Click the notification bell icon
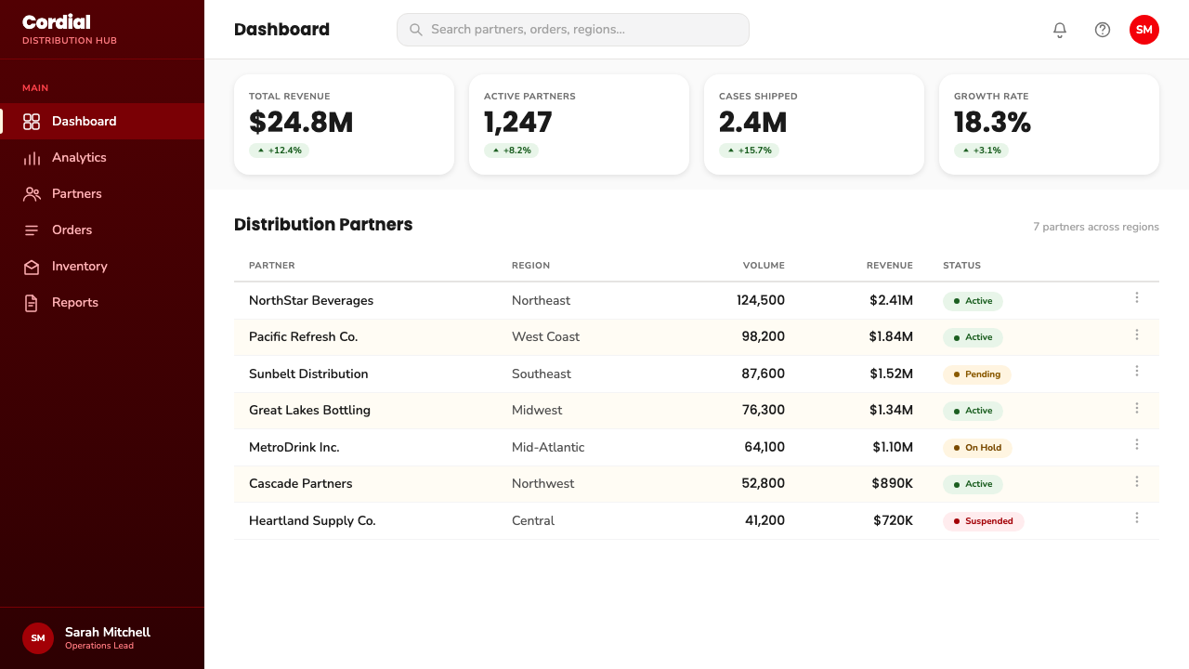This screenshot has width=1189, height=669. (1060, 30)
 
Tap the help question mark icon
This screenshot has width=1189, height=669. (1103, 30)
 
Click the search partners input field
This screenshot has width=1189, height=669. (573, 30)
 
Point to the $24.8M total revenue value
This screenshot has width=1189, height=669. (301, 122)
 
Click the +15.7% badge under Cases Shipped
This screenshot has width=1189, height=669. (749, 151)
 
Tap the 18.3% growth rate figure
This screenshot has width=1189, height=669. (992, 122)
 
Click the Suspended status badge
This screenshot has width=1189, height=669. (983, 521)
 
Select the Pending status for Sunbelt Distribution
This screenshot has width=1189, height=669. (976, 374)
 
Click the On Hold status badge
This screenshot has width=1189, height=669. (977, 448)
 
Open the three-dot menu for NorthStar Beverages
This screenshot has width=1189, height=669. (1137, 298)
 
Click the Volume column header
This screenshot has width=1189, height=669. (764, 266)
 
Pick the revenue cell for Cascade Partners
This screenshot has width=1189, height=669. (893, 484)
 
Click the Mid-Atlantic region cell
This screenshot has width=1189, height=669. (548, 448)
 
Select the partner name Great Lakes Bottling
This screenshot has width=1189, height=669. (309, 411)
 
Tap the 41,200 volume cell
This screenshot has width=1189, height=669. (764, 521)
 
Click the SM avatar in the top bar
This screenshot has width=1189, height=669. (1143, 30)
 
